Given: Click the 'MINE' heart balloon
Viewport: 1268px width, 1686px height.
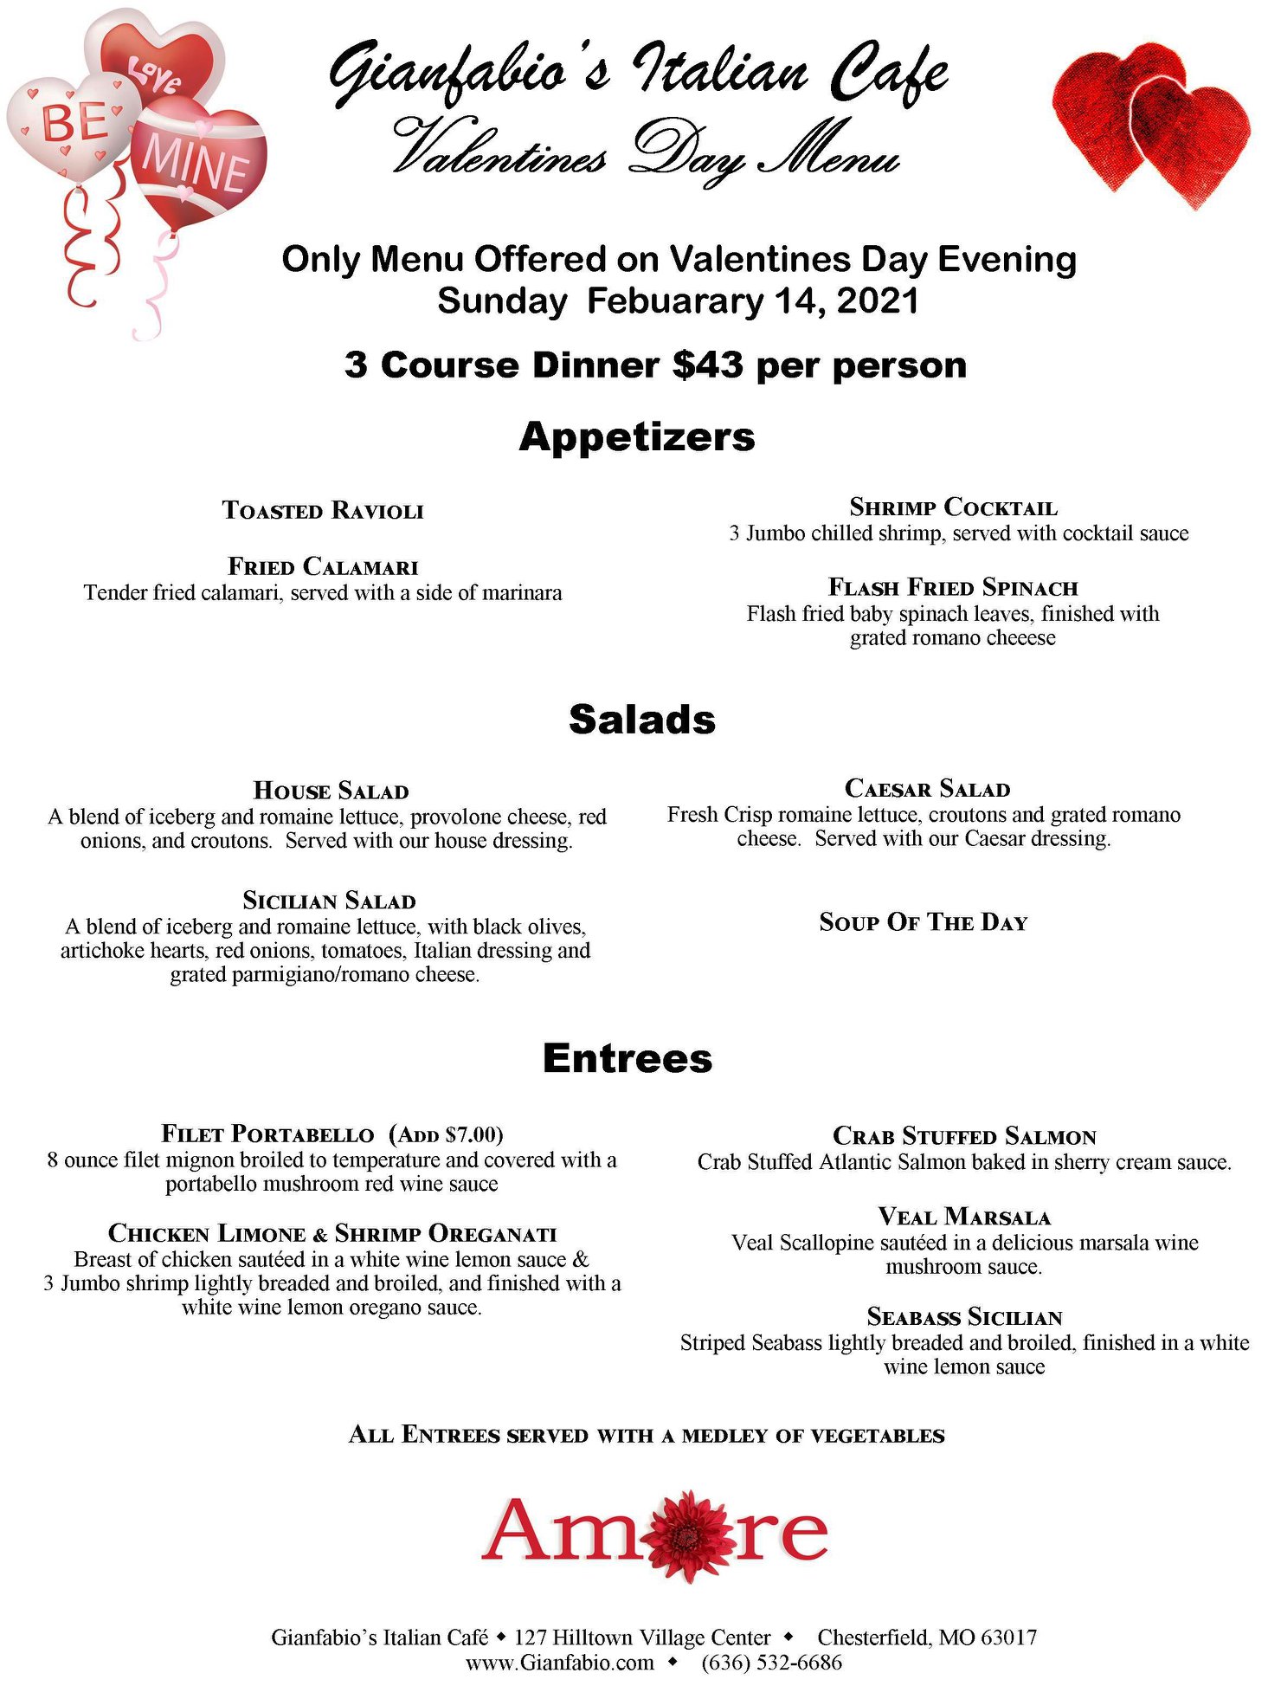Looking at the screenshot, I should click(x=198, y=165).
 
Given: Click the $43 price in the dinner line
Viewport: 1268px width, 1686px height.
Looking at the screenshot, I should click(x=707, y=365).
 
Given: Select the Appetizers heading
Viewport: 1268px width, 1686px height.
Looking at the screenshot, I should click(x=637, y=436).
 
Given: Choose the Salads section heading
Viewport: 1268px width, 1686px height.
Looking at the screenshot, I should click(x=642, y=720).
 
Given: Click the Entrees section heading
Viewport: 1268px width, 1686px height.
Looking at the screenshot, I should click(x=628, y=1058).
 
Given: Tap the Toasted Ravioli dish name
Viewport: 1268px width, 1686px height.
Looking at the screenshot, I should click(x=323, y=510).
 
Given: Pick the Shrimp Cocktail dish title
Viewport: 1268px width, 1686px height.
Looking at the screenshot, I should click(x=953, y=507).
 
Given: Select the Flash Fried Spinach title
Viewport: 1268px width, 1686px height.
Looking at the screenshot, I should click(x=953, y=588).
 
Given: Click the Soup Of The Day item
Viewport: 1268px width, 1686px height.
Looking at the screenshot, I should click(x=924, y=922).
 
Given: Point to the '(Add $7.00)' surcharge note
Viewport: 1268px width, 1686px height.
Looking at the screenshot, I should click(x=446, y=1134).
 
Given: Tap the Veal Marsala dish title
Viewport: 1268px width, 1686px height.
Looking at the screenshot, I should click(x=964, y=1218).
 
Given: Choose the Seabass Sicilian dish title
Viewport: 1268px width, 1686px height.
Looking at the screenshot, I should click(x=964, y=1318).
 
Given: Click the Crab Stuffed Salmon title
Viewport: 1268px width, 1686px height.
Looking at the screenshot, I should click(x=964, y=1136).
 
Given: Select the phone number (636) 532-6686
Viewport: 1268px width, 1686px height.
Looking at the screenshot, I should click(x=771, y=1663).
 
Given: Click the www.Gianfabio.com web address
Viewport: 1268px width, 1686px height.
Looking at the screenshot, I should click(x=560, y=1663).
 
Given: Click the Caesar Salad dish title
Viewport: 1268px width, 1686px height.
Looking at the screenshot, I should click(x=927, y=789).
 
